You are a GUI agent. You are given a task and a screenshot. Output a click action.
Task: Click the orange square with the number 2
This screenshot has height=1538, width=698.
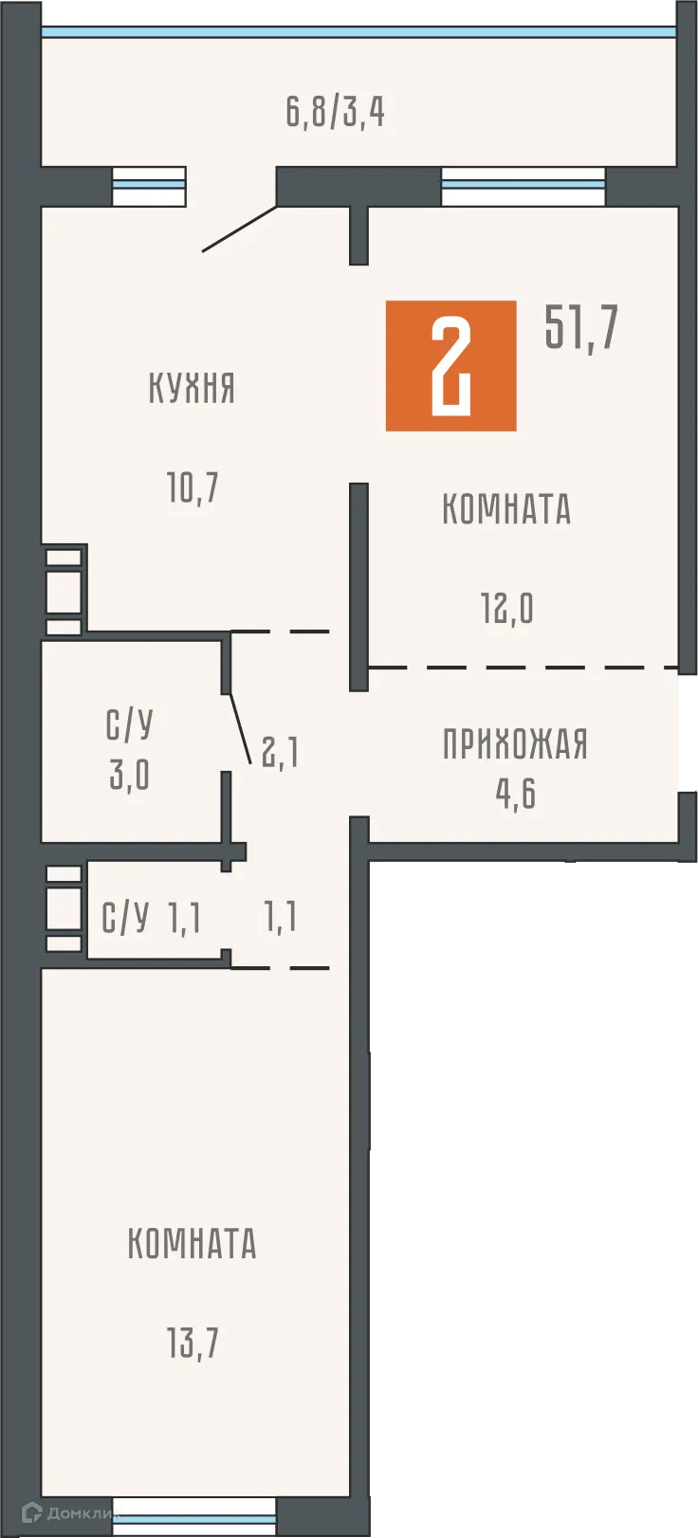tap(450, 366)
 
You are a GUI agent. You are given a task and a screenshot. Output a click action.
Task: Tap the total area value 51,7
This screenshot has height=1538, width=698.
tap(580, 328)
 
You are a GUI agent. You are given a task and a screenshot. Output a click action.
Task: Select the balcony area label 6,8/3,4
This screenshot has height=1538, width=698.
tap(335, 112)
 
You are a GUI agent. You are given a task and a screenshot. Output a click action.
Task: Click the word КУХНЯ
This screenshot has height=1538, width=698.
tap(192, 389)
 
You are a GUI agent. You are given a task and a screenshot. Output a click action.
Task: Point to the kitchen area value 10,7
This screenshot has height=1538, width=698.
tap(193, 488)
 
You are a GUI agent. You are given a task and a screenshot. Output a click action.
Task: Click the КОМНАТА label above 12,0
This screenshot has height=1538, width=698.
tap(506, 509)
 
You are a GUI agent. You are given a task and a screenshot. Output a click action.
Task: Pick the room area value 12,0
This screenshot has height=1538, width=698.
tap(507, 609)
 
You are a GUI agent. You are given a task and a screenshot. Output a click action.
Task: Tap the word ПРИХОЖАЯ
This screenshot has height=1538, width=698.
tap(515, 744)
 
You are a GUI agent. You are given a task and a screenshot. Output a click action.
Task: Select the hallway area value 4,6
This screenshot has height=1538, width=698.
tap(515, 794)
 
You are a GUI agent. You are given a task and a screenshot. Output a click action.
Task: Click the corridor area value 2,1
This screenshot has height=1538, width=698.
tap(280, 753)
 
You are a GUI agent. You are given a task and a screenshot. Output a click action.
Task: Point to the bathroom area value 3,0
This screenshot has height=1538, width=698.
tap(129, 775)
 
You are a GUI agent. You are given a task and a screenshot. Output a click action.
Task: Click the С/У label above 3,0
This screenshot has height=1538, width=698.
tap(129, 725)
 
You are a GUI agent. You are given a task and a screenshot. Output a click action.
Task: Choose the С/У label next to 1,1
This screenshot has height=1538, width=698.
tap(125, 918)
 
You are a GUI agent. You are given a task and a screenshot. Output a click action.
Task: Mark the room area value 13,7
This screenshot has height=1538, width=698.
tap(193, 1343)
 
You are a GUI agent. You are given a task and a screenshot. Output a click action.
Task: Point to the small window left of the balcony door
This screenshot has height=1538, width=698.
tap(149, 186)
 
